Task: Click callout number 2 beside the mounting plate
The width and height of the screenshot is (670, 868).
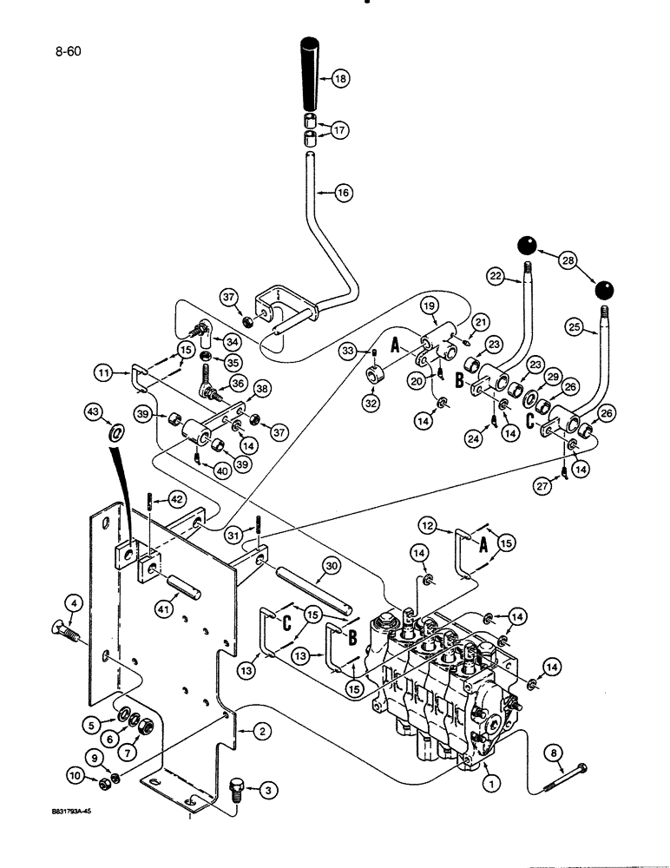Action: pos(258,732)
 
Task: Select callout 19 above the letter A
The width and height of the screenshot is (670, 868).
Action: pos(433,306)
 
